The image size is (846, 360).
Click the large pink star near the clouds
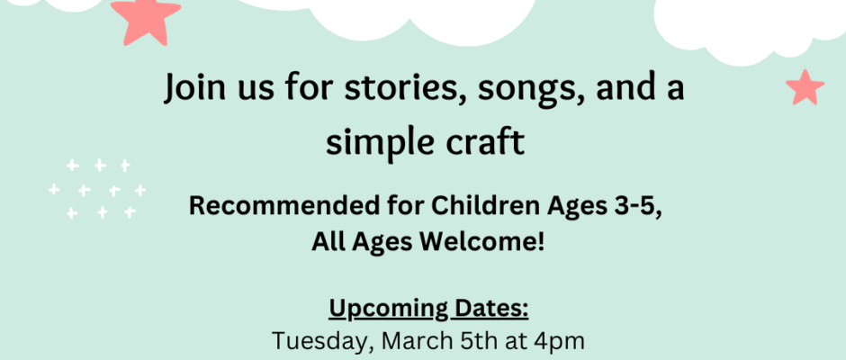coord(146,21)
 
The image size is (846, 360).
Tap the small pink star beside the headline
coord(805,87)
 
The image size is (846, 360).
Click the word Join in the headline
coord(194,88)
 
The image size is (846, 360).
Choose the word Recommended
coord(272,206)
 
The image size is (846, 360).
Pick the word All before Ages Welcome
coord(329,242)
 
